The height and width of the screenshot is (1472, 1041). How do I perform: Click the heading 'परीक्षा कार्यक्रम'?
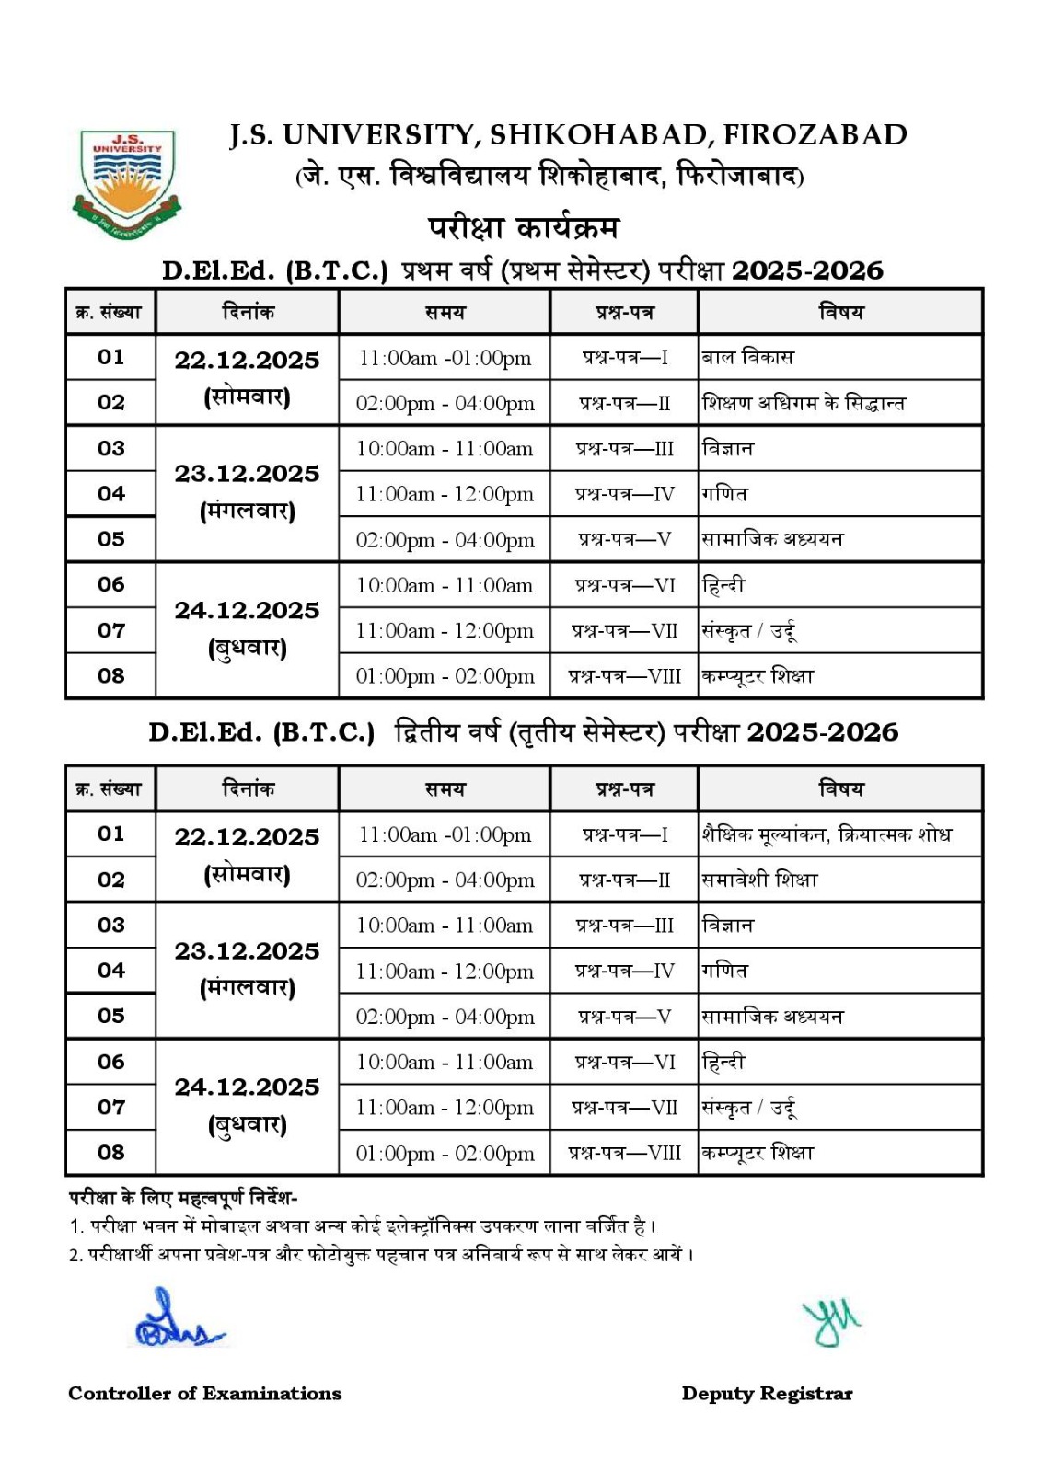[x=523, y=227]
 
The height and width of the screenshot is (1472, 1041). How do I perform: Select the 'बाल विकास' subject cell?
[x=747, y=357]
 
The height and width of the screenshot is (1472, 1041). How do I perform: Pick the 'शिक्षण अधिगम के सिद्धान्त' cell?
[x=804, y=403]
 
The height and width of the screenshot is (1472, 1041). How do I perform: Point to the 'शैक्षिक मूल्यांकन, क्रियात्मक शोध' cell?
[x=826, y=834]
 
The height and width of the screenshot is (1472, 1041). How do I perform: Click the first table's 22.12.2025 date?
[x=247, y=361]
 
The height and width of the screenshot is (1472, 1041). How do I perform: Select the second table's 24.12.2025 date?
[x=247, y=1087]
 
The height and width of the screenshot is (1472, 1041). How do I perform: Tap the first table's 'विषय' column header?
[x=840, y=312]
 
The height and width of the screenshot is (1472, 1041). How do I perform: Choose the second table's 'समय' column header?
[x=445, y=789]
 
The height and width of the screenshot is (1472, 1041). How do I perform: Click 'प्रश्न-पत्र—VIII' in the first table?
[x=624, y=676]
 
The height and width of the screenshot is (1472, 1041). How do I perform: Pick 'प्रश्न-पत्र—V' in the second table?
[x=624, y=1017]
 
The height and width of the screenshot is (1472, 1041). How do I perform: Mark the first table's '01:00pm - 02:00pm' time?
[x=445, y=676]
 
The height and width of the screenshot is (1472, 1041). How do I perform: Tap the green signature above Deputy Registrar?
[x=830, y=1322]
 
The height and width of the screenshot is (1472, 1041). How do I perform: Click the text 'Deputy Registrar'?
[x=767, y=1394]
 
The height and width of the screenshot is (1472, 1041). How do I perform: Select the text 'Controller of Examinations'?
[x=204, y=1394]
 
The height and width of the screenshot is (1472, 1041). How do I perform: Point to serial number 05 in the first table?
[x=110, y=539]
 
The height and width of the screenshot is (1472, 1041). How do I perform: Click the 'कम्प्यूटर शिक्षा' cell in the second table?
[x=758, y=1153]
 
